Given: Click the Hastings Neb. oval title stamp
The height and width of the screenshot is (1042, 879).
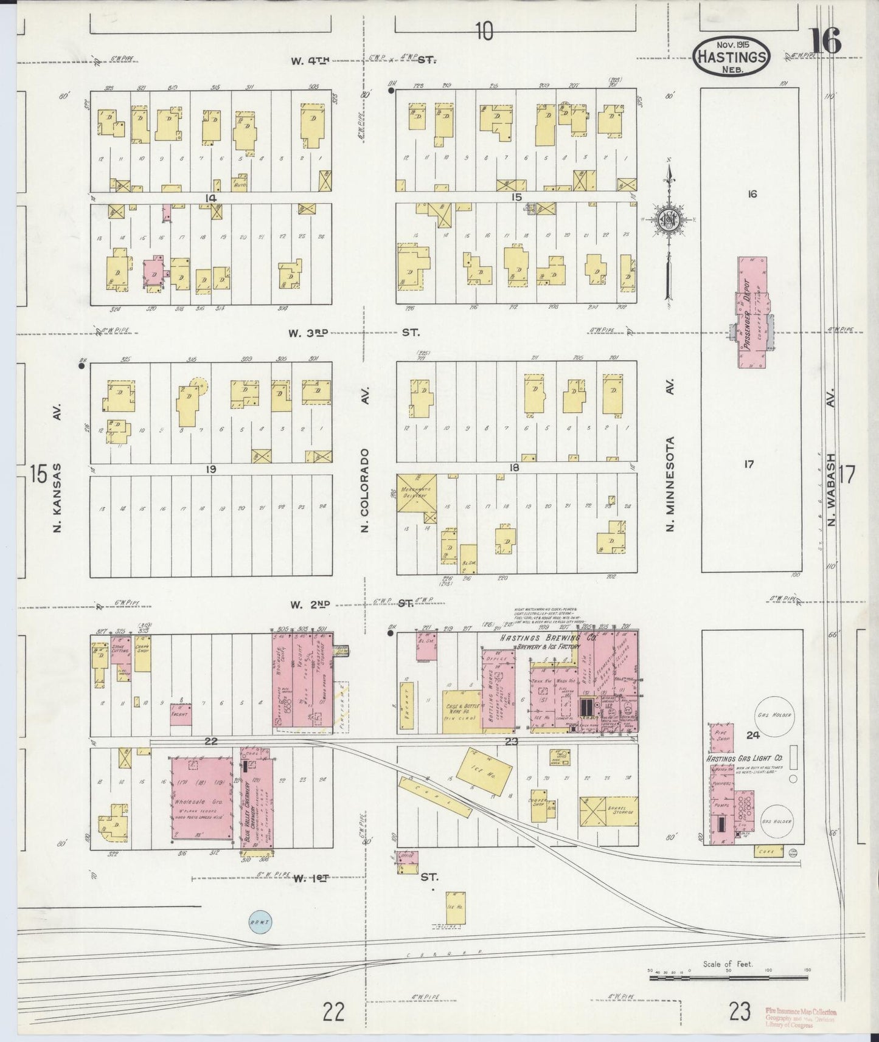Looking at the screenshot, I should tap(732, 55).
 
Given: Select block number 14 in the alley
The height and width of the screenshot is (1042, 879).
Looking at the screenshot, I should tap(210, 198).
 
